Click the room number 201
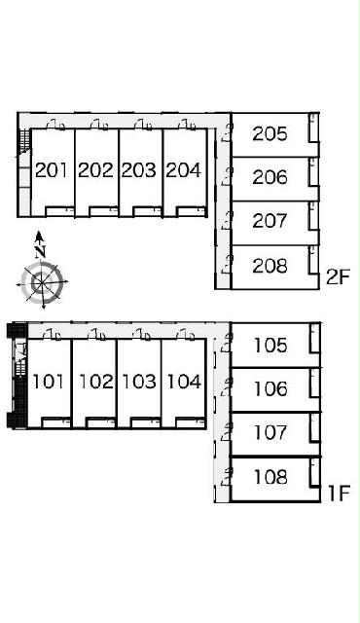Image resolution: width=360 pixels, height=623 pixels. [x=52, y=170]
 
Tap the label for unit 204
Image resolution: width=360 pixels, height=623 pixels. [x=183, y=170]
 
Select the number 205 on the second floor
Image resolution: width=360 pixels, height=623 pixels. [x=270, y=134]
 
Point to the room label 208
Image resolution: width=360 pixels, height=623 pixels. [x=270, y=266]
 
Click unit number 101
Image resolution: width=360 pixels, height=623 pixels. [x=48, y=382]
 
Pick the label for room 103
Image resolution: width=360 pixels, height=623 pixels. [x=139, y=382]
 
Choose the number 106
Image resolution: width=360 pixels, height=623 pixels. [x=270, y=388]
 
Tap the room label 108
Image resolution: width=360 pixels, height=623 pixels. [x=270, y=477]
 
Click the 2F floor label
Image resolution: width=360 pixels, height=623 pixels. [x=338, y=277]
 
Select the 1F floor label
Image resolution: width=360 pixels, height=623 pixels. [x=339, y=494]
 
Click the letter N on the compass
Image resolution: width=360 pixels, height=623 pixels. [x=40, y=252]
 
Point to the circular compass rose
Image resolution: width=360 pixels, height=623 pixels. [x=42, y=282]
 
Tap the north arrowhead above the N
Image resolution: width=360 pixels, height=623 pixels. [x=39, y=236]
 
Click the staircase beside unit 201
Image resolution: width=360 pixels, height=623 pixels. [x=25, y=142]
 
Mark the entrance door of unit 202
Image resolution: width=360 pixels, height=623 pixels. [x=99, y=126]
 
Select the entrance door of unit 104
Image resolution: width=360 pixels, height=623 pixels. [x=186, y=335]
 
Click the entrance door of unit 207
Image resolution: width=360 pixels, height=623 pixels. [x=227, y=221]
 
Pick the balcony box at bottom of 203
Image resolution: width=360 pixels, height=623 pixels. [x=147, y=211]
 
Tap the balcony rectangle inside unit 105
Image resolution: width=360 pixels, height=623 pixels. [x=314, y=338]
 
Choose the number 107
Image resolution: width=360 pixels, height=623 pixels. [x=270, y=432]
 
